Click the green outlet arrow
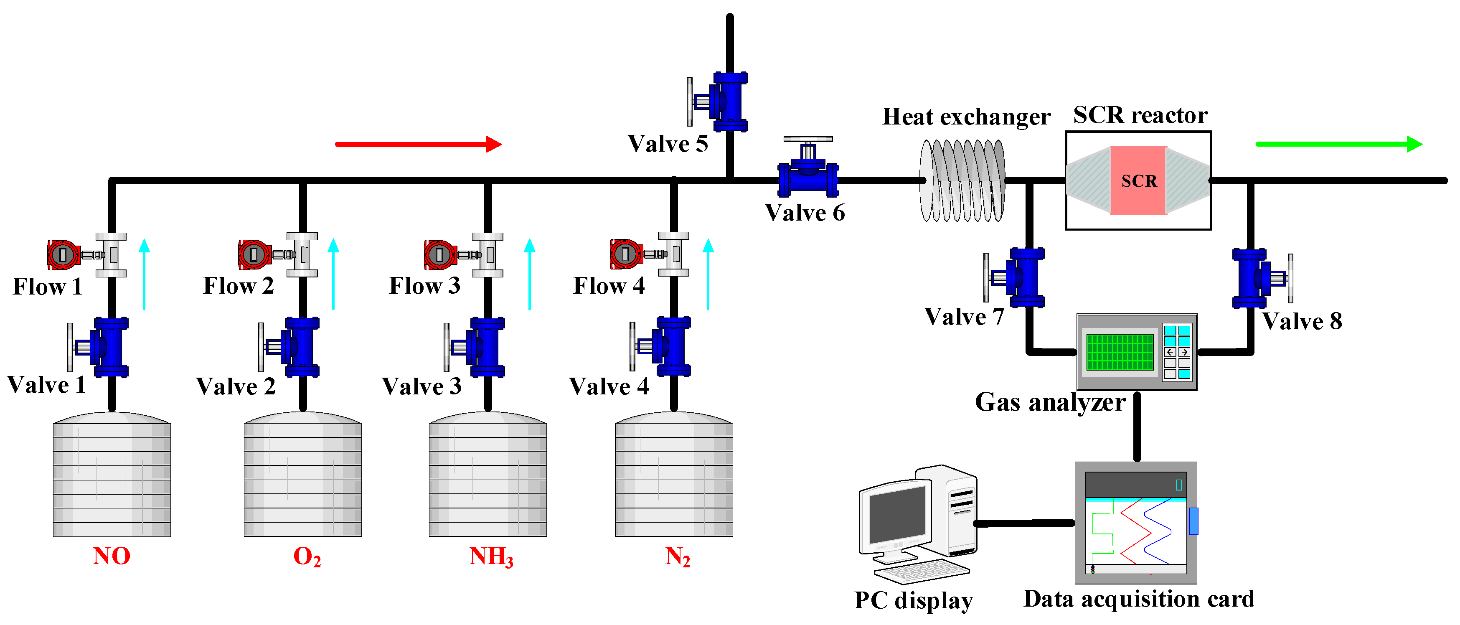click(1338, 144)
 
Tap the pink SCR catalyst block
click(1138, 180)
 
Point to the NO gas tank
click(112, 476)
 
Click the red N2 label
click(677, 557)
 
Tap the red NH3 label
click(491, 557)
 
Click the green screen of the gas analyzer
click(1120, 352)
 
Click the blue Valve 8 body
click(1250, 278)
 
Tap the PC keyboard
click(921, 571)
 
